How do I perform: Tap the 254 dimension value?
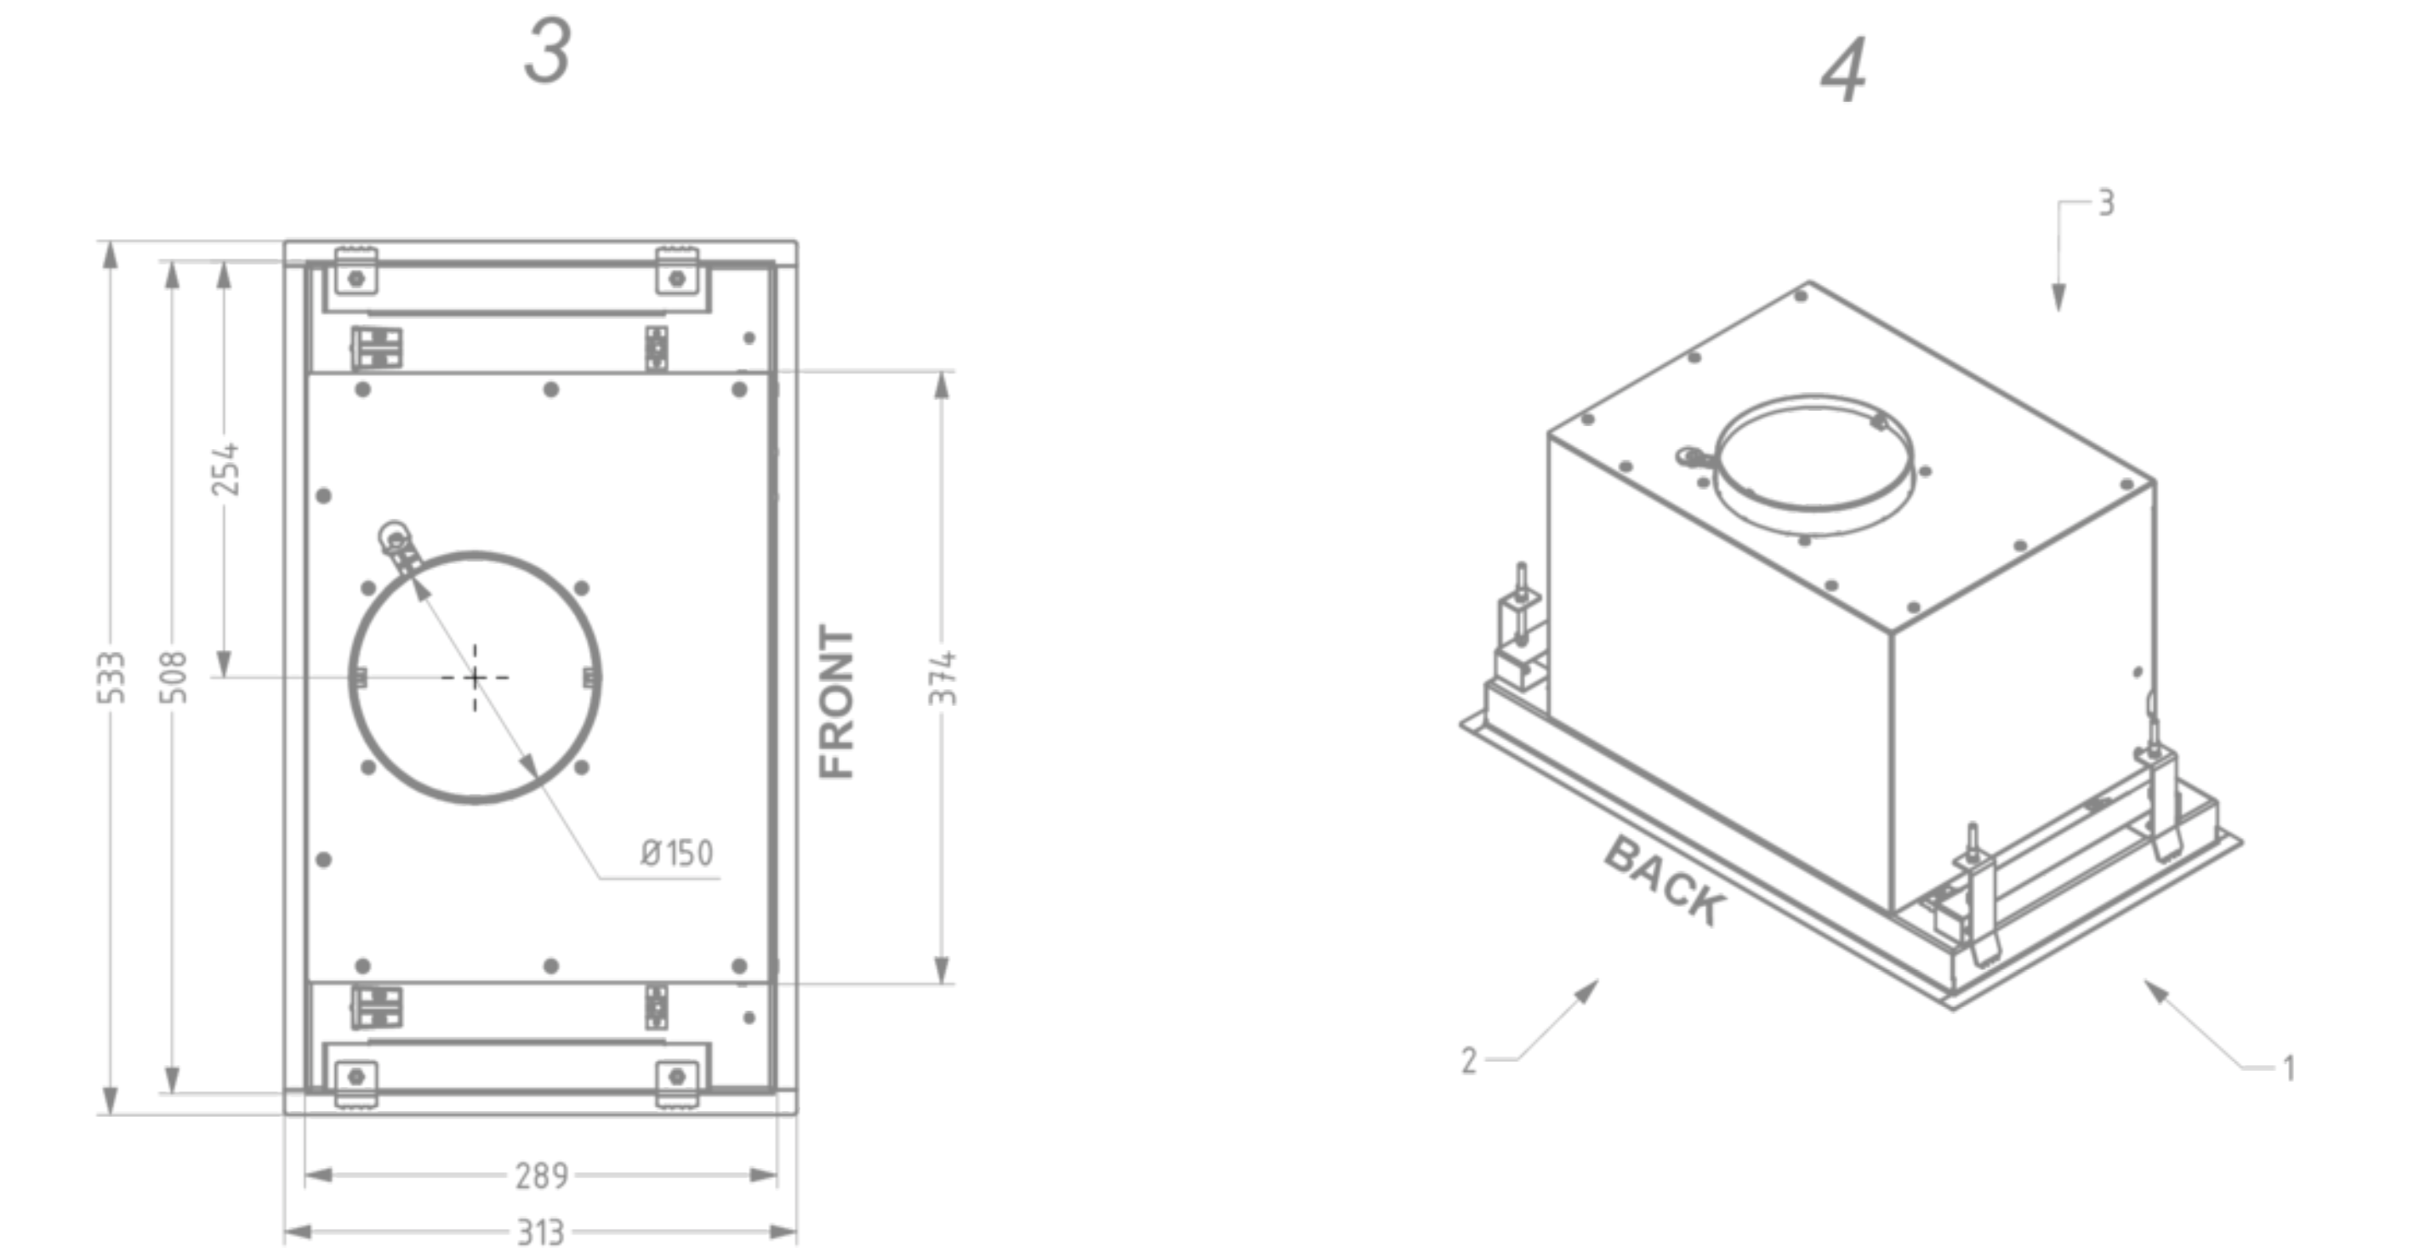coord(225,469)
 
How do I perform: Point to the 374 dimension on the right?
coord(942,678)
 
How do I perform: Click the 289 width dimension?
coord(541,1176)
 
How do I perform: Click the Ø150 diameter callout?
coord(676,853)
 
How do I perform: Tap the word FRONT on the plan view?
coord(837,701)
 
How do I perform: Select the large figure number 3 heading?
coord(547,52)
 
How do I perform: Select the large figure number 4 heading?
coord(1843,71)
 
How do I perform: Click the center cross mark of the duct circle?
coord(475,678)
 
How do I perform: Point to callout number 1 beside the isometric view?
coord(2288,1068)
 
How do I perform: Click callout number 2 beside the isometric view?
coord(1468,1061)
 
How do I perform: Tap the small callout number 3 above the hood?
coord(2106,203)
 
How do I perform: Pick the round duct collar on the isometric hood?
coord(1813,464)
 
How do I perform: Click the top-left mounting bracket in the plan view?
coord(356,273)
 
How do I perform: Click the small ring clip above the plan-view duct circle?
coord(394,538)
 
